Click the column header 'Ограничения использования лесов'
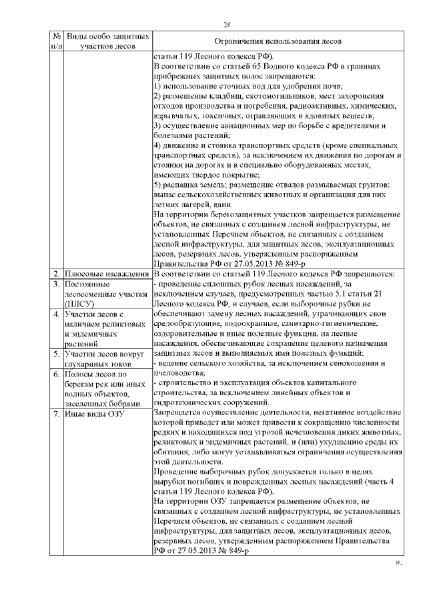276,41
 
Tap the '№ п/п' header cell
56,41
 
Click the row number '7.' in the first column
57,414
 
